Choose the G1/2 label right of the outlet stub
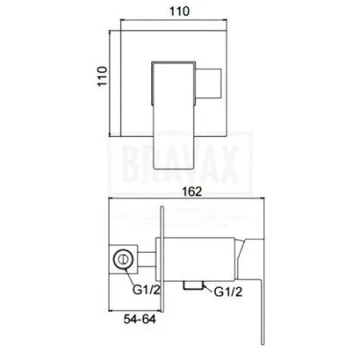[x=227, y=293]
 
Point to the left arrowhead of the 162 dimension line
[x=112, y=200]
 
